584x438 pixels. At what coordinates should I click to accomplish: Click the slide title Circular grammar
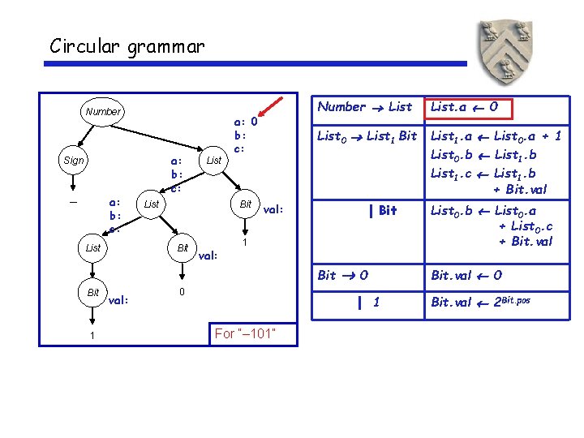[x=127, y=46]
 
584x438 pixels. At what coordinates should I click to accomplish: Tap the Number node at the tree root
[x=103, y=112]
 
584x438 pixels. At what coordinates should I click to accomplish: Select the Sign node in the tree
[x=73, y=161]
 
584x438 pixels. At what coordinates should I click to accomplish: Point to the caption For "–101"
[x=246, y=334]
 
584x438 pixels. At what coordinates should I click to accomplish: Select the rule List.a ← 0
[x=470, y=107]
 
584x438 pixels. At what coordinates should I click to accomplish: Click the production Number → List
[x=364, y=107]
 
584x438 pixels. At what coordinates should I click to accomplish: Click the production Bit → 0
[x=343, y=275]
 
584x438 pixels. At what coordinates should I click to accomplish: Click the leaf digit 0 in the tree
[x=182, y=291]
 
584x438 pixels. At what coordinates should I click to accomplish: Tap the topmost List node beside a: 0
[x=214, y=161]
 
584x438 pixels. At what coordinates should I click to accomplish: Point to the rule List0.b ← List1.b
[x=483, y=156]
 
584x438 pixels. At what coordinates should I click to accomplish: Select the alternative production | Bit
[x=383, y=211]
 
